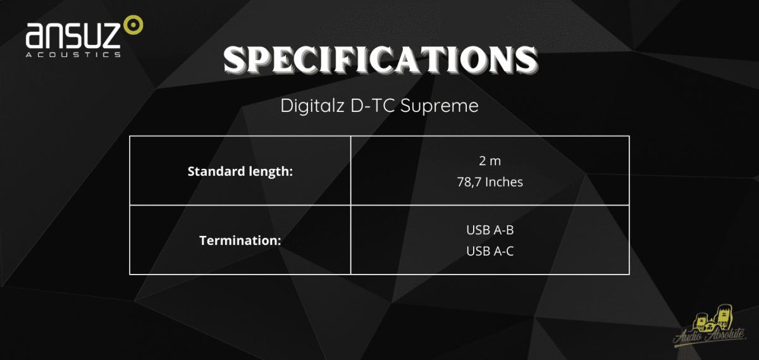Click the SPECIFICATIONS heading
point(380,60)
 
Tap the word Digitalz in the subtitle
point(312,106)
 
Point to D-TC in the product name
point(373,106)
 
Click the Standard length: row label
point(240,172)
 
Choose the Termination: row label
point(240,240)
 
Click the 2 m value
point(490,161)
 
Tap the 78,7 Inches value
point(490,182)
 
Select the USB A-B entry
point(490,230)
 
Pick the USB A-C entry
point(490,251)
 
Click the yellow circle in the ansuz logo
point(133,25)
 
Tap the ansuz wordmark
point(73,35)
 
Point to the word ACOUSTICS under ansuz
point(73,54)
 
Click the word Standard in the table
point(217,171)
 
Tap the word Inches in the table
point(504,182)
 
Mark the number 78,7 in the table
point(469,182)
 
